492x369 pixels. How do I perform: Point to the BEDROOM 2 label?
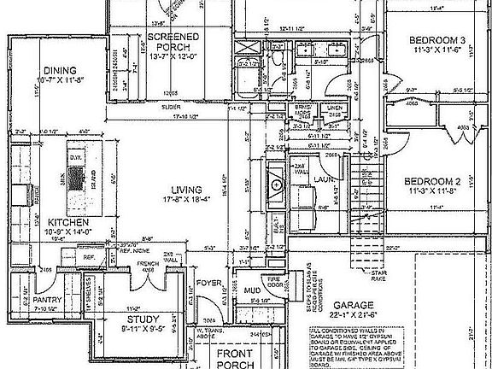coord(431,183)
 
